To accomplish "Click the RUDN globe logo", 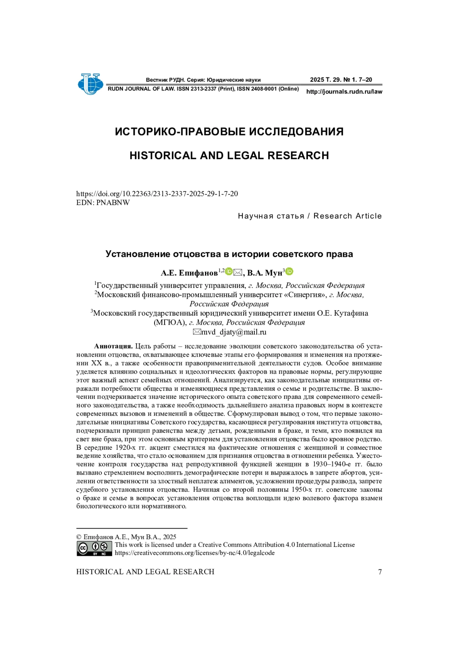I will pyautogui.click(x=90, y=84).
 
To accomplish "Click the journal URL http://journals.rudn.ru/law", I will pyautogui.click(x=344, y=92).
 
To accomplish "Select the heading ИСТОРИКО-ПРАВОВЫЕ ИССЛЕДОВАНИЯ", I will pyautogui.click(x=229, y=132).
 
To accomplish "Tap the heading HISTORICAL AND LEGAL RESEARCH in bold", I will pyautogui.click(x=229, y=156).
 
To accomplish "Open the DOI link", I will pyautogui.click(x=157, y=194).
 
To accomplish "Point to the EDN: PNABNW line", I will pyautogui.click(x=103, y=203).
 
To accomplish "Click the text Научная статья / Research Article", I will pyautogui.click(x=309, y=216).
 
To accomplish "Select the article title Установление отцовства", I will pyautogui.click(x=229, y=254).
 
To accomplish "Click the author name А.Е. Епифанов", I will pyautogui.click(x=189, y=273).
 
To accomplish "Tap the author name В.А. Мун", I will pyautogui.click(x=264, y=273).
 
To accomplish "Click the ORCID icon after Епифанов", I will pyautogui.click(x=229, y=272).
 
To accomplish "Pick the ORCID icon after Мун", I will pyautogui.click(x=290, y=272).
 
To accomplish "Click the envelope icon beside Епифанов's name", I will pyautogui.click(x=238, y=272).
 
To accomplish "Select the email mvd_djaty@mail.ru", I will pyautogui.click(x=234, y=332).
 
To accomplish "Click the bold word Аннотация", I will pyautogui.click(x=113, y=346).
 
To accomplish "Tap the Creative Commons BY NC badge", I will pyautogui.click(x=94, y=548).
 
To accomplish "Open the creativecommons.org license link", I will pyautogui.click(x=194, y=553).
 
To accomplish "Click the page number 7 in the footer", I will pyautogui.click(x=380, y=572).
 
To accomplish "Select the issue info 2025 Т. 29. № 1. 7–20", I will pyautogui.click(x=341, y=80).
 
